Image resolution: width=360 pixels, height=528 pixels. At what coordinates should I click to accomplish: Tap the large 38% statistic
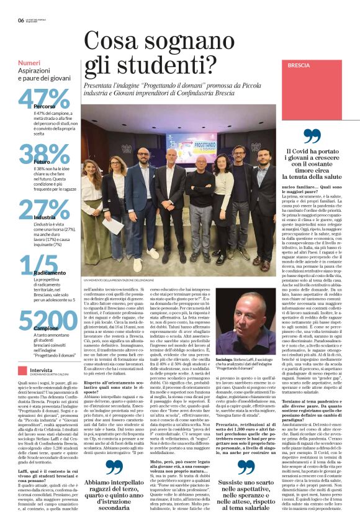point(43,155)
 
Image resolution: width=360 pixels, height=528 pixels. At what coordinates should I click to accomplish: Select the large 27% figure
point(43,211)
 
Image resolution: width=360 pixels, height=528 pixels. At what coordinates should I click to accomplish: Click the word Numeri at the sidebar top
point(29,63)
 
